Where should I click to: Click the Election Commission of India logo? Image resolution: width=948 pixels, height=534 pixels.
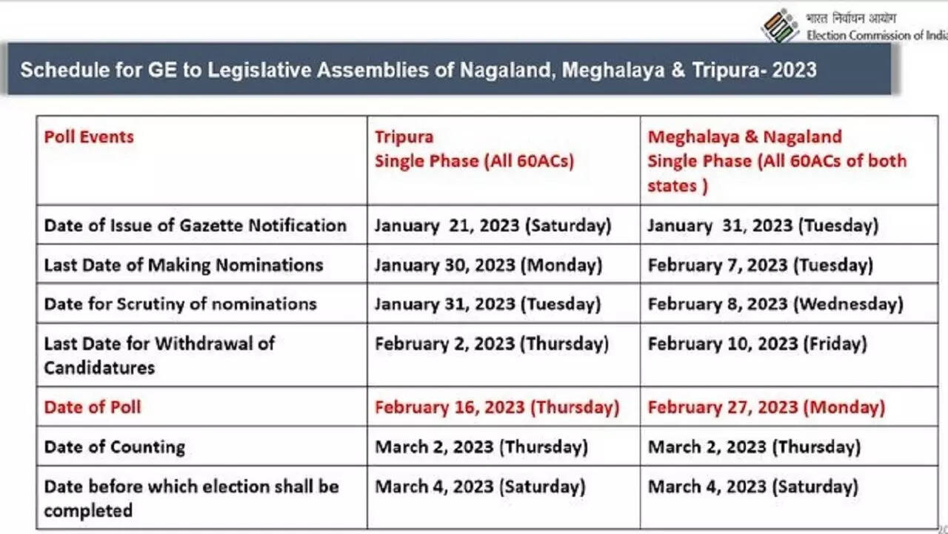tap(779, 24)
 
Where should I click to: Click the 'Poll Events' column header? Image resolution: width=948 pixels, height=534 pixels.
tap(89, 137)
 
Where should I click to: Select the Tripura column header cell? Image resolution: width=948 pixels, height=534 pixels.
tap(474, 149)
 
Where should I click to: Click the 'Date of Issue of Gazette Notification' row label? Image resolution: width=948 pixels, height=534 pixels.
tap(195, 225)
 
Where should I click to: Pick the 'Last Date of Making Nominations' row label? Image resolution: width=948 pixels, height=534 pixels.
tap(183, 265)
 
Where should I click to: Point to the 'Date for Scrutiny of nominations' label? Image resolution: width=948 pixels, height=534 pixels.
tap(180, 304)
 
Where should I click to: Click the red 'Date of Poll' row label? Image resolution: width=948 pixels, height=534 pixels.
tap(92, 407)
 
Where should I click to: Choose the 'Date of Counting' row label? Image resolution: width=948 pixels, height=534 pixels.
tap(114, 446)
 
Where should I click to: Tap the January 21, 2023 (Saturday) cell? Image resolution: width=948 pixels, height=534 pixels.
tap(493, 225)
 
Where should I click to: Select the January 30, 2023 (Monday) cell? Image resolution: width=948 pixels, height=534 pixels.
tap(488, 265)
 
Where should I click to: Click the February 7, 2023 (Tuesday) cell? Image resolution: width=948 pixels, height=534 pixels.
tap(760, 265)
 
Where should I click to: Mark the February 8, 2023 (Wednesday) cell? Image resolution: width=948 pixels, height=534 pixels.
tap(775, 304)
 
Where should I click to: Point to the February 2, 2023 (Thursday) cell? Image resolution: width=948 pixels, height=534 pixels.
tap(492, 344)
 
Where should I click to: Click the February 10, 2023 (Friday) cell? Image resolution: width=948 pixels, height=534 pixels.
tap(757, 344)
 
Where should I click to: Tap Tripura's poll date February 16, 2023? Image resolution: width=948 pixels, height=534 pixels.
tap(496, 407)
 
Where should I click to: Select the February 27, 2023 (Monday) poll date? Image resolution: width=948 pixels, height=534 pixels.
tap(766, 407)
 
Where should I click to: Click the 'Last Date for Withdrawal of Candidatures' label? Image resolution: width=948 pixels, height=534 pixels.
tap(158, 355)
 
